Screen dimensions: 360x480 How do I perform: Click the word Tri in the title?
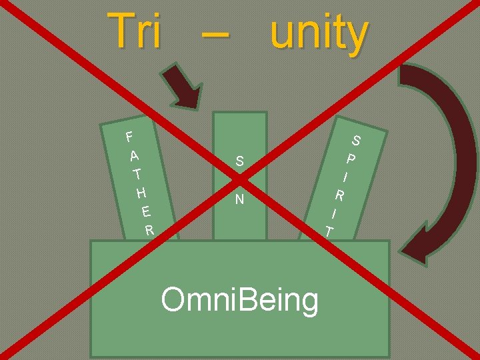[x=137, y=32]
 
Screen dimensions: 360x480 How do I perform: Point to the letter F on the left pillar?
[x=130, y=137]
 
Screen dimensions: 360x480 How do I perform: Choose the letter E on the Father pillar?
[x=146, y=213]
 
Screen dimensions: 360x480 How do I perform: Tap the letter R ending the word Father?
[x=150, y=231]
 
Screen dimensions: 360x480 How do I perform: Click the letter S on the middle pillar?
[x=239, y=161]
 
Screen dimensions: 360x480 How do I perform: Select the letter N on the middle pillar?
[x=239, y=199]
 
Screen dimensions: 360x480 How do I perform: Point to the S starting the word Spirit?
[x=357, y=141]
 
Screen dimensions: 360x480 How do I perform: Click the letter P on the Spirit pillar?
[x=351, y=159]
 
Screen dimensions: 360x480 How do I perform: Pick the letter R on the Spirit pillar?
[x=339, y=196]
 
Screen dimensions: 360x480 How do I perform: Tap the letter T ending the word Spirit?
[x=329, y=231]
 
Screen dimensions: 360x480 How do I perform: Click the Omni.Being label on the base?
[x=240, y=299]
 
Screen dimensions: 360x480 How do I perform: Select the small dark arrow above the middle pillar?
[x=185, y=87]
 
